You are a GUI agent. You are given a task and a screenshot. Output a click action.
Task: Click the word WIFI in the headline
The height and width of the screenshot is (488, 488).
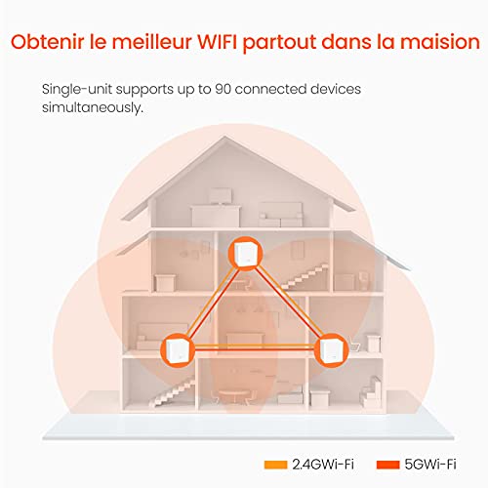pyautogui.click(x=218, y=42)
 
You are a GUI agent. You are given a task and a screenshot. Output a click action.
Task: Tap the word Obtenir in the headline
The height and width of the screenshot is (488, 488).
pyautogui.click(x=47, y=42)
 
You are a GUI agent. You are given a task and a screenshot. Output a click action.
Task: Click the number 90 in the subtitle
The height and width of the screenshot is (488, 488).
pyautogui.click(x=223, y=89)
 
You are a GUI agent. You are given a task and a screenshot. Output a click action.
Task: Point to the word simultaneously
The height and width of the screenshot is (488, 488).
pyautogui.click(x=93, y=107)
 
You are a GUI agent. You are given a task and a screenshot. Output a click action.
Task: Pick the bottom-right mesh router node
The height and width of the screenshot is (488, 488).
pyautogui.click(x=332, y=350)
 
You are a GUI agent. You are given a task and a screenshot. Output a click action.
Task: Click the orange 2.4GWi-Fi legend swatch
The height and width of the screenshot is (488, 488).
pyautogui.click(x=275, y=465)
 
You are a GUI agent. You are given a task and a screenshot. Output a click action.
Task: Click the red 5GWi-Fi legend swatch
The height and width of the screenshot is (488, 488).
pyautogui.click(x=387, y=465)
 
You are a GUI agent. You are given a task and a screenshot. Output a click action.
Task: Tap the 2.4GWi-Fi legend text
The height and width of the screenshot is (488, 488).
pyautogui.click(x=323, y=465)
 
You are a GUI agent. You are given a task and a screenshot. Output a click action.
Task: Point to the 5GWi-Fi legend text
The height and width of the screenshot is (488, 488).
pyautogui.click(x=430, y=465)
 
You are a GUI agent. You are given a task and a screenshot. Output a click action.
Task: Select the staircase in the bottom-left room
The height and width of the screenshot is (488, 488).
pyautogui.click(x=173, y=391)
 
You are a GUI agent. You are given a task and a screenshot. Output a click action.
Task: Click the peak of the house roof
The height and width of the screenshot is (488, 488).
pyautogui.click(x=225, y=137)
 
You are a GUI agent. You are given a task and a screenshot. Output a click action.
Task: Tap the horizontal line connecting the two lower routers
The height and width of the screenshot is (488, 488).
pyautogui.click(x=255, y=346)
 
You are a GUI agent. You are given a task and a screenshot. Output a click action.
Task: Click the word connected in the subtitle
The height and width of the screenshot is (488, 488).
pyautogui.click(x=270, y=89)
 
